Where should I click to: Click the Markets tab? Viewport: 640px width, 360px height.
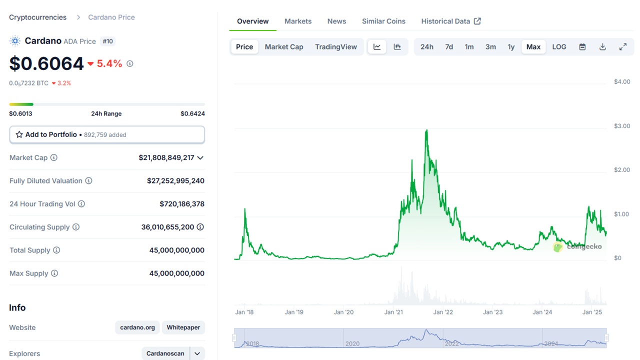pyautogui.click(x=298, y=21)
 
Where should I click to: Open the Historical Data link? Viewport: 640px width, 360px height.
pyautogui.click(x=451, y=21)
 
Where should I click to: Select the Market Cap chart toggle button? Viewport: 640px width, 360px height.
pyautogui.click(x=284, y=47)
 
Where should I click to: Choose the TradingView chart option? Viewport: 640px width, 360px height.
pyautogui.click(x=336, y=47)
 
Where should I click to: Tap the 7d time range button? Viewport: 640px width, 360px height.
pyautogui.click(x=449, y=47)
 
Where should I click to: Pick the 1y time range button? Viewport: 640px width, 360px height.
pyautogui.click(x=511, y=47)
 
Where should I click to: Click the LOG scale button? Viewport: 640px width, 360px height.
pyautogui.click(x=559, y=47)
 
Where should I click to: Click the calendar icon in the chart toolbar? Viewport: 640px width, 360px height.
pyautogui.click(x=582, y=47)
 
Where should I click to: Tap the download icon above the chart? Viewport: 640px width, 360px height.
pyautogui.click(x=602, y=47)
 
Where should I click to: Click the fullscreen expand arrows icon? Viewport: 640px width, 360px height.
pyautogui.click(x=623, y=47)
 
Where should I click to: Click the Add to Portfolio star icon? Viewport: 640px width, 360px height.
pyautogui.click(x=19, y=134)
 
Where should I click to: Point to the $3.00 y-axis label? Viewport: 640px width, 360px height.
pyautogui.click(x=622, y=126)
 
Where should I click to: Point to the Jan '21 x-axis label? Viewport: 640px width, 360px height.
pyautogui.click(x=393, y=312)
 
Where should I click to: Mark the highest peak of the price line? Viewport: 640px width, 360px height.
pyautogui.click(x=426, y=130)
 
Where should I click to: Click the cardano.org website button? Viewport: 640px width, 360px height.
pyautogui.click(x=137, y=327)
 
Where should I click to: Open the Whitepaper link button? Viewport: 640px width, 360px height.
pyautogui.click(x=183, y=327)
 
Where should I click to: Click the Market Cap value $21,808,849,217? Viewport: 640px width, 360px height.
pyautogui.click(x=166, y=157)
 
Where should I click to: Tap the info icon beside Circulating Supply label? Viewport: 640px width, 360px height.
pyautogui.click(x=76, y=227)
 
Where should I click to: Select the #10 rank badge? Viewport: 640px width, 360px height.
pyautogui.click(x=107, y=41)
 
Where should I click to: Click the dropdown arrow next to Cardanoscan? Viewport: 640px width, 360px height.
pyautogui.click(x=197, y=353)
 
